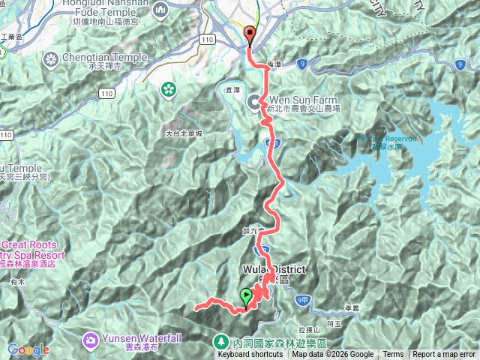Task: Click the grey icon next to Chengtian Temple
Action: click(x=51, y=58)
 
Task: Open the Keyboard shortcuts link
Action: click(x=250, y=355)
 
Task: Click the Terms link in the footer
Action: click(x=393, y=355)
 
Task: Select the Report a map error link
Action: click(x=443, y=355)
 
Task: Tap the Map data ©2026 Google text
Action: click(x=332, y=355)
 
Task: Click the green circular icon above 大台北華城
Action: click(x=169, y=89)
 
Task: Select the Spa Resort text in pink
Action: click(x=34, y=255)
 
